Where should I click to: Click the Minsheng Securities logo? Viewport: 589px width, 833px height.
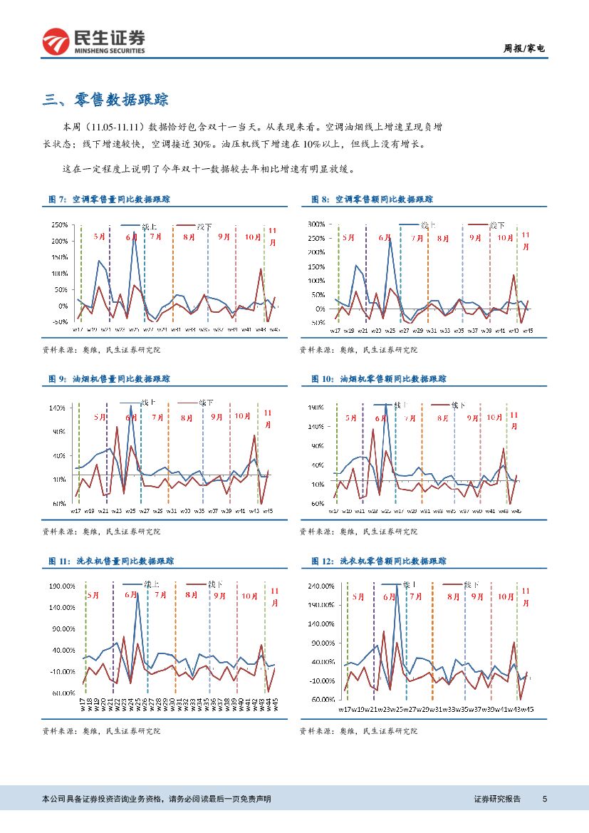93,42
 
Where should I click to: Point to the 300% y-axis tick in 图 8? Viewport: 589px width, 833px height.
316,224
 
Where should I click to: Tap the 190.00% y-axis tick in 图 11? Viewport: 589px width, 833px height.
61,586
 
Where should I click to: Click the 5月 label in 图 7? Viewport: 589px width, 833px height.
99,236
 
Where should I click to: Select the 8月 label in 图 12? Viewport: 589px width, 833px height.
454,596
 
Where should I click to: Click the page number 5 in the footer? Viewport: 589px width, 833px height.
544,799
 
